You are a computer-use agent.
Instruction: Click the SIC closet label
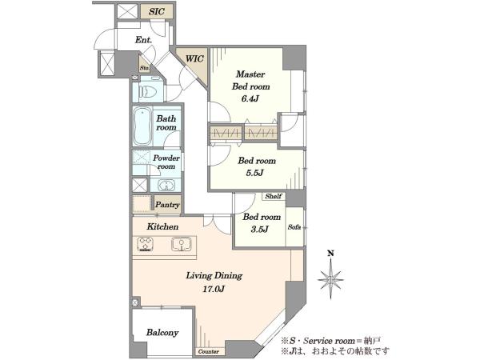(157, 12)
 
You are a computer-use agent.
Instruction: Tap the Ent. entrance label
(143, 40)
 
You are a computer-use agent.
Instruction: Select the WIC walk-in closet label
(194, 58)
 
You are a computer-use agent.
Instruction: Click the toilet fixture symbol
(148, 91)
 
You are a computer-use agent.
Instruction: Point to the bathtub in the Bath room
(142, 126)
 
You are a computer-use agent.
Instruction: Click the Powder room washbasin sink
(166, 186)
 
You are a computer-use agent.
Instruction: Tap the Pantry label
(167, 205)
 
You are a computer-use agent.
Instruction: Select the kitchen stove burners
(145, 244)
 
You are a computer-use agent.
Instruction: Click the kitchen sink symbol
(182, 244)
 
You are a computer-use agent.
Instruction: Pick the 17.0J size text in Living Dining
(214, 289)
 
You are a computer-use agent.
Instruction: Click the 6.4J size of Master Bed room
(250, 98)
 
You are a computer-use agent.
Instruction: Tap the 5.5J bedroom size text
(254, 173)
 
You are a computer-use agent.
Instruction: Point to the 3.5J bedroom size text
(259, 229)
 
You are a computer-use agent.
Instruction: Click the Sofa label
(294, 227)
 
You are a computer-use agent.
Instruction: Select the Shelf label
(274, 196)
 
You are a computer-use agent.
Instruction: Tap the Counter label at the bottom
(209, 351)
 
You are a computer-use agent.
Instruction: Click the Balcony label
(162, 333)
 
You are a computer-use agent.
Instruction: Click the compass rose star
(330, 279)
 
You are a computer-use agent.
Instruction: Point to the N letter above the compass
(330, 253)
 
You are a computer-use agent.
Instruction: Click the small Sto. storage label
(145, 68)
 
